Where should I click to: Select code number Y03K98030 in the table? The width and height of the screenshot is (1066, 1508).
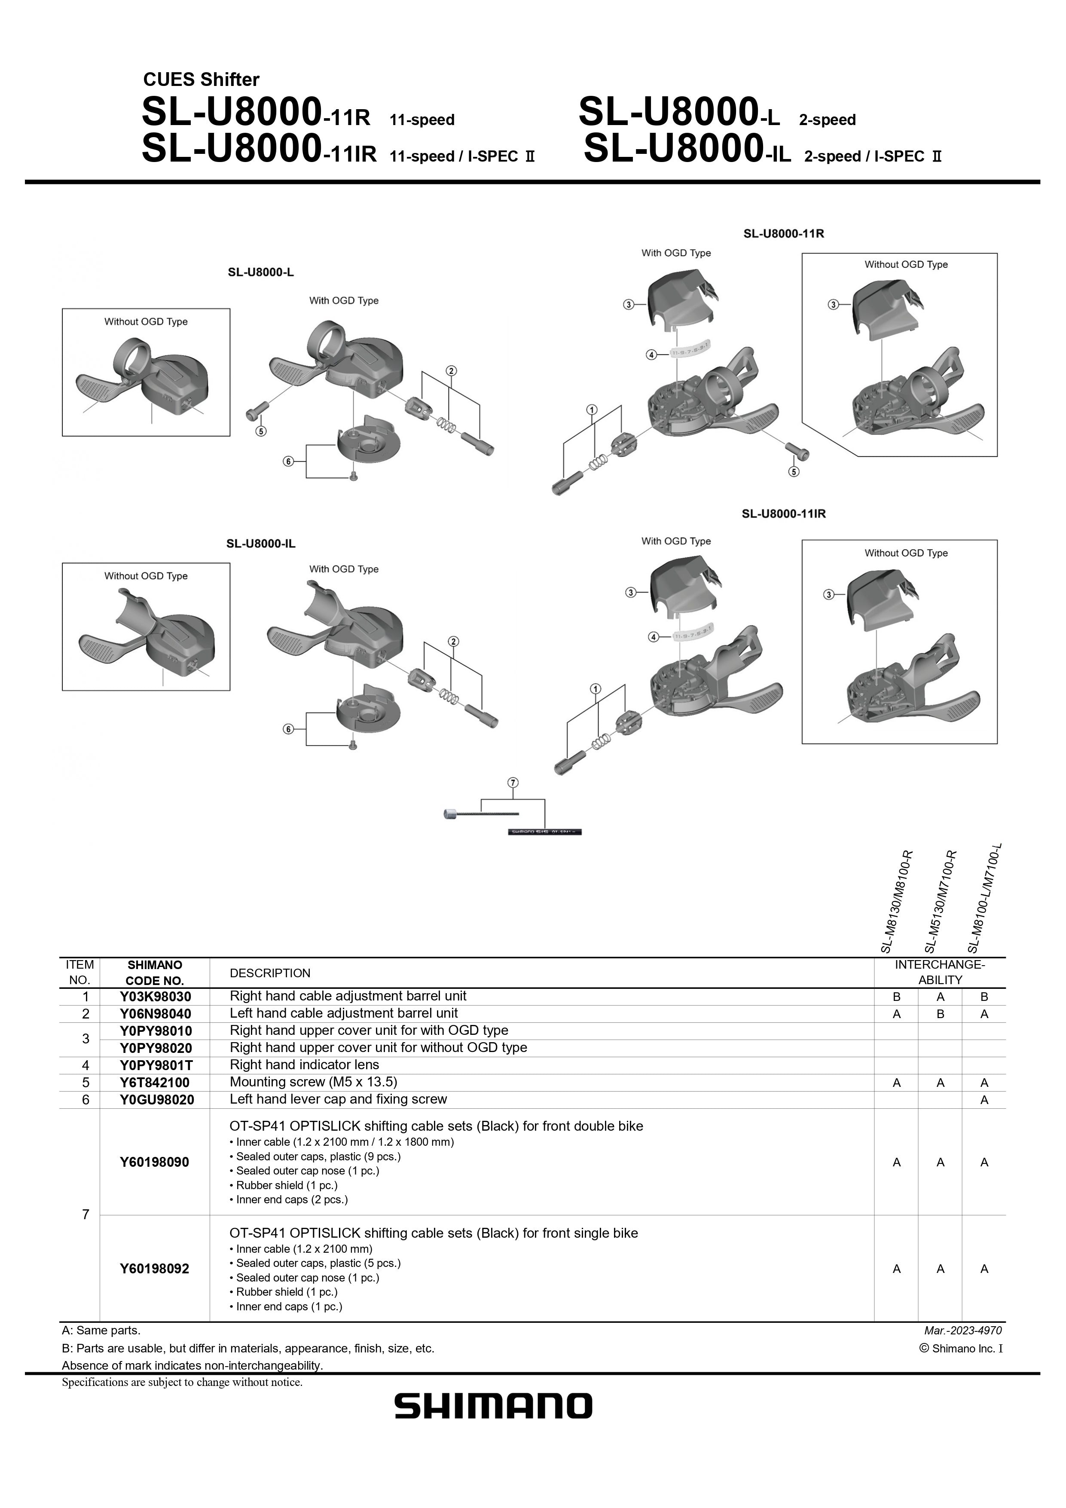tap(155, 996)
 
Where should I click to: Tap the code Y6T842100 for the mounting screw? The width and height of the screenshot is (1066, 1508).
tap(155, 1082)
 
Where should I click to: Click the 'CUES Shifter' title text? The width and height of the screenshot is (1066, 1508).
tap(201, 80)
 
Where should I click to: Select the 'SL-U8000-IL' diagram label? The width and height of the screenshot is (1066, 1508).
tap(261, 544)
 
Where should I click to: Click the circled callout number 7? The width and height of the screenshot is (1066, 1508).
tap(513, 782)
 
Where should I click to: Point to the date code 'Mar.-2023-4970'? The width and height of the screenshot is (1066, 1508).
tap(963, 1331)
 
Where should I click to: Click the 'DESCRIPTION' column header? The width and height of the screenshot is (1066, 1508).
tap(270, 973)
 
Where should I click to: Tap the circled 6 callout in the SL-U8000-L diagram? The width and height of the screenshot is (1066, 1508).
tap(288, 461)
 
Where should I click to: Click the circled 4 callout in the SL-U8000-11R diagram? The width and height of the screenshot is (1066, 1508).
tap(651, 355)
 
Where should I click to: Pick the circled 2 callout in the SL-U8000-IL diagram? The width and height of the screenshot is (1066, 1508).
tap(452, 641)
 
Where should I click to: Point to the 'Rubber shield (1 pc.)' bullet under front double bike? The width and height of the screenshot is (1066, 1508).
tap(283, 1185)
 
